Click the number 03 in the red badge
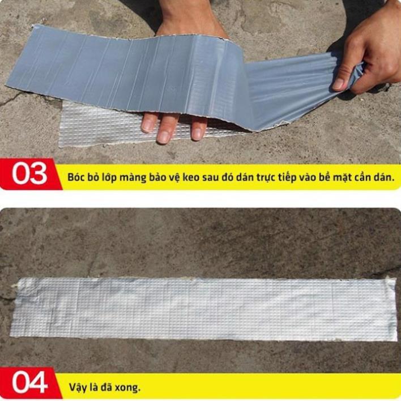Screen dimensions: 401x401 (x=29, y=173)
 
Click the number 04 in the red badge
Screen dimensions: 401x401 (x=29, y=382)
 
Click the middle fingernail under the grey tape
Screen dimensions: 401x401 (x=163, y=137)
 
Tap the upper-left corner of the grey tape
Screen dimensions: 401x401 (x=34, y=25)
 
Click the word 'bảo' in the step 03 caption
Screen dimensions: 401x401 (x=157, y=177)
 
